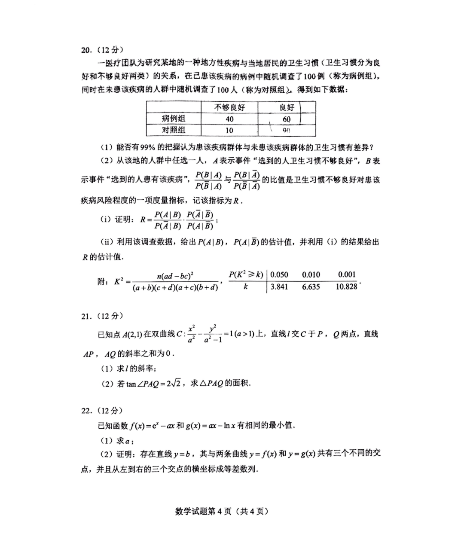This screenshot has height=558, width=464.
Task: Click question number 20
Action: (86, 50)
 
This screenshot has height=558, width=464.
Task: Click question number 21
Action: (86, 317)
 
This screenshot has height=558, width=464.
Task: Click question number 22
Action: (86, 411)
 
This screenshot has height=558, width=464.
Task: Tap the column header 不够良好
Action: (229, 107)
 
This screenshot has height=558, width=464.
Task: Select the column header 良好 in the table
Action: (287, 107)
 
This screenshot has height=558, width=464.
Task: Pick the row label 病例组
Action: (174, 119)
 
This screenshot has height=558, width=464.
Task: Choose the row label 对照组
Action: (174, 130)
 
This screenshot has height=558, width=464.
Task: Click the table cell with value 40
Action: (229, 119)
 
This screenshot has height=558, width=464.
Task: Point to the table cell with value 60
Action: (287, 119)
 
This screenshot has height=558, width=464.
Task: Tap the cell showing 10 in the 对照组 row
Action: (229, 131)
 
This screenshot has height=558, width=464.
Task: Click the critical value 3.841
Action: (279, 287)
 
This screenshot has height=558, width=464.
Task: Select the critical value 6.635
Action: (311, 287)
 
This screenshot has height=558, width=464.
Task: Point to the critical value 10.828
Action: (346, 287)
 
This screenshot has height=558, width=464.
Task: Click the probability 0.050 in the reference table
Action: (279, 274)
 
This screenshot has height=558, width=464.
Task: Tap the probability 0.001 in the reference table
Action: (347, 274)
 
